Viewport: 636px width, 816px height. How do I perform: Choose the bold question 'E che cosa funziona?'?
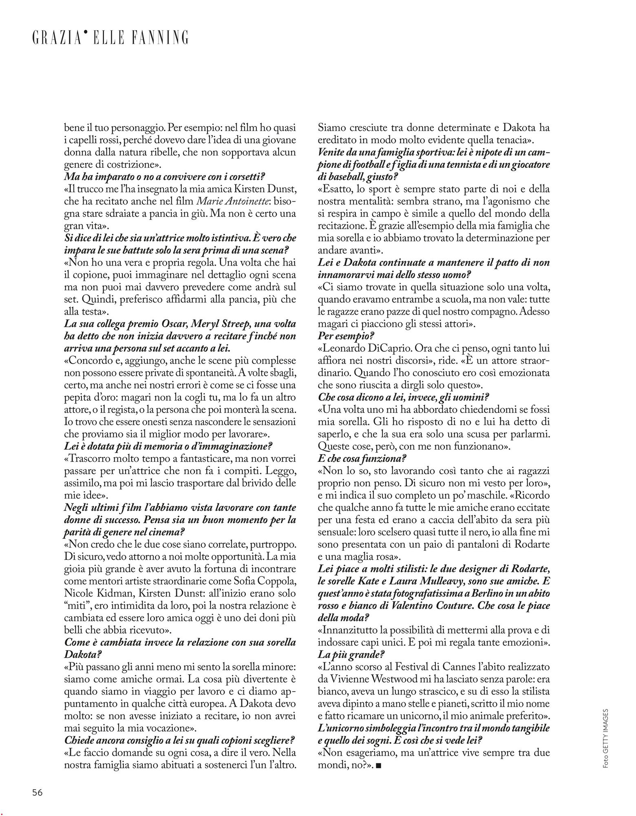coord(362,459)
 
